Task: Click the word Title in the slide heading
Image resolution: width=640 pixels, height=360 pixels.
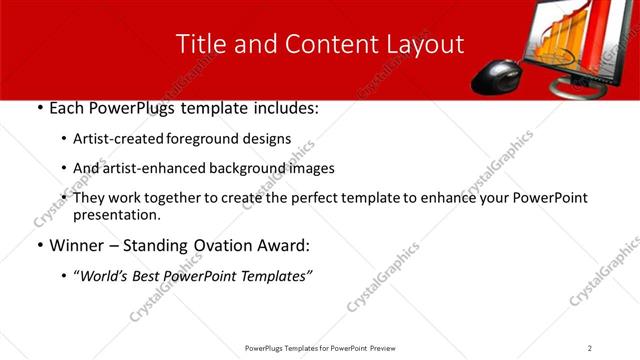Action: [x=199, y=44]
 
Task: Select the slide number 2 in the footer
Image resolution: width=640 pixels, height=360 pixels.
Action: [x=590, y=347]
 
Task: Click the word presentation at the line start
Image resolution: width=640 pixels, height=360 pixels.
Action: [x=117, y=215]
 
